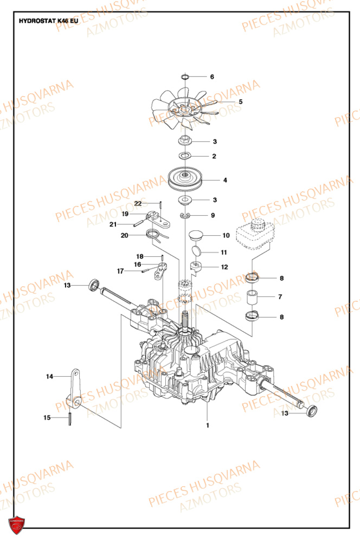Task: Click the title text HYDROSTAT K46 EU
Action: coord(48,22)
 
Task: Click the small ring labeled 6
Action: coord(185,77)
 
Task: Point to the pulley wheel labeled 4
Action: coord(185,179)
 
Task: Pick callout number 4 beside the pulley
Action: coord(225,180)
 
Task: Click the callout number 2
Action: coord(214,157)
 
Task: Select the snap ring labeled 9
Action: coord(185,217)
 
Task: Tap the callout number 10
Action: coord(226,236)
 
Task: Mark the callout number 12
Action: coord(224,267)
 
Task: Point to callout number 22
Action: coord(138,203)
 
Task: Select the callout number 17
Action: coord(120,270)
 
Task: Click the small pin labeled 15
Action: coord(70,420)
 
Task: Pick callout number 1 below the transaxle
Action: coord(207,425)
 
